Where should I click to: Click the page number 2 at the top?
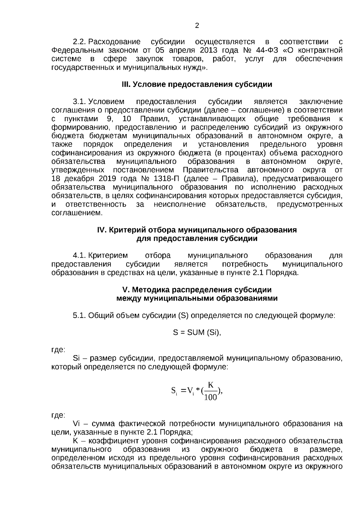(197, 26)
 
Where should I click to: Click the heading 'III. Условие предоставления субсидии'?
(197, 85)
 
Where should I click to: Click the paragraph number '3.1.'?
(80, 102)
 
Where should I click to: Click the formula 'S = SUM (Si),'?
(197, 332)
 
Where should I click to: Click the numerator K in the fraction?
(211, 385)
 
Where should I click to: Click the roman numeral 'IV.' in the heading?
(102, 230)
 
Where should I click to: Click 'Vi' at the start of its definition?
(76, 424)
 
